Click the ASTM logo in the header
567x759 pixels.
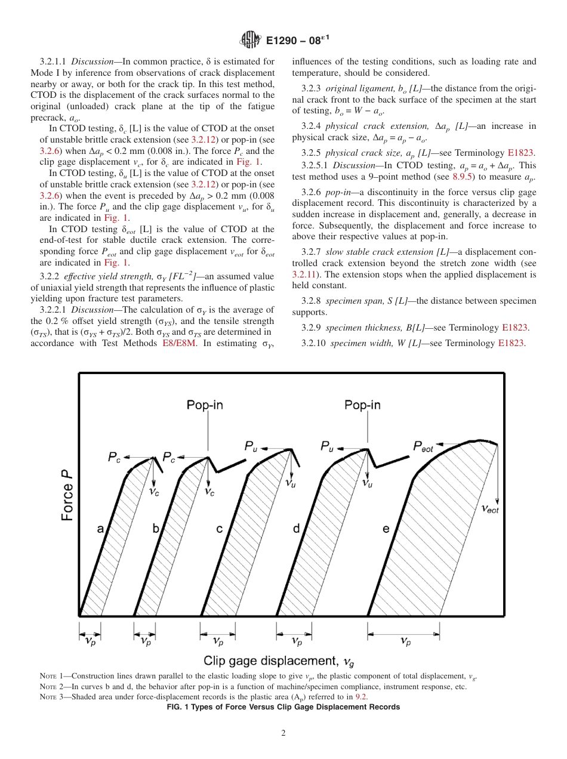(249, 41)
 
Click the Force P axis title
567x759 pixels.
(67, 496)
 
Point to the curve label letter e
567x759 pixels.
(386, 529)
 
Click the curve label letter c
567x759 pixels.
(220, 529)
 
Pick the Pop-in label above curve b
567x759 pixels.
(205, 406)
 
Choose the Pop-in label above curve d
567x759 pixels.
(362, 406)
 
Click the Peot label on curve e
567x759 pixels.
(423, 447)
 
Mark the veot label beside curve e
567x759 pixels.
(490, 508)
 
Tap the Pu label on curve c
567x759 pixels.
(251, 446)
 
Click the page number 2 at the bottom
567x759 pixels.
(283, 733)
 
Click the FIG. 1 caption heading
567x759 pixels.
(283, 707)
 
